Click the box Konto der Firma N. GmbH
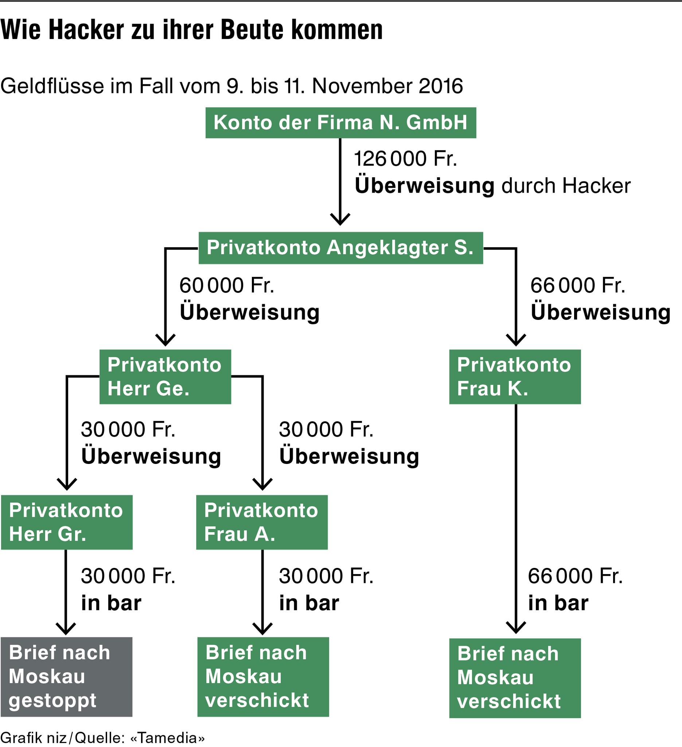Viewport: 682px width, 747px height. click(340, 123)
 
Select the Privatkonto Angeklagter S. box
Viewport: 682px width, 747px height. click(340, 248)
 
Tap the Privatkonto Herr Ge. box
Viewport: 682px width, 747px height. click(165, 376)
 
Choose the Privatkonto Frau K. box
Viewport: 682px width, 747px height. click(515, 376)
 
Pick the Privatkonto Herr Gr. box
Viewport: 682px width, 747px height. click(67, 522)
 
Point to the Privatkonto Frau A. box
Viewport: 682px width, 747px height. click(262, 522)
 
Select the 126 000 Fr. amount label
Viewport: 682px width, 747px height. click(405, 159)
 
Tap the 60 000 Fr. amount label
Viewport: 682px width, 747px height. click(227, 285)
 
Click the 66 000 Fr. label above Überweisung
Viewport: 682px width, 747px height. click(578, 285)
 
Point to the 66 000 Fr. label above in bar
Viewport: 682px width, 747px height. click(575, 576)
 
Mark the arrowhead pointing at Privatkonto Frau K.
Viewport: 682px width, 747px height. click(516, 340)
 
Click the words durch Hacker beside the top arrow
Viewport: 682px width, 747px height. click(566, 186)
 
